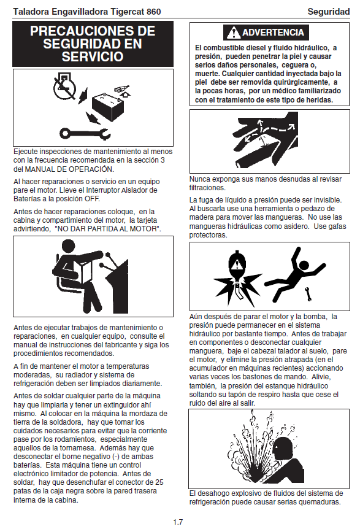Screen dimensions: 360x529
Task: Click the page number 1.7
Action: pyautogui.click(x=178, y=522)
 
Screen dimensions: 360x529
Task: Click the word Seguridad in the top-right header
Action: pyautogui.click(x=328, y=12)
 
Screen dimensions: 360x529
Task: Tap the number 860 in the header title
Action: pyautogui.click(x=153, y=12)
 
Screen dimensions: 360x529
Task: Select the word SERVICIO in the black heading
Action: pyautogui.click(x=93, y=56)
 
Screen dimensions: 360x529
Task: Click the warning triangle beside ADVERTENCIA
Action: pyautogui.click(x=233, y=33)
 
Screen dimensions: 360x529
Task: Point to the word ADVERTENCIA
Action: pyautogui.click(x=273, y=33)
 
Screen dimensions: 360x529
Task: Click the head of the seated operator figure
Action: pyautogui.click(x=69, y=248)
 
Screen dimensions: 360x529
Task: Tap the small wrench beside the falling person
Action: pyautogui.click(x=308, y=294)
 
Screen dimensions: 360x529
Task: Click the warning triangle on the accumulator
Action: pyautogui.click(x=237, y=263)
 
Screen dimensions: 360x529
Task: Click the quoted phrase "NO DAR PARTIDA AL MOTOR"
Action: pyautogui.click(x=107, y=229)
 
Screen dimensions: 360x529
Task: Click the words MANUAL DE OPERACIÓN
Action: pyautogui.click(x=69, y=169)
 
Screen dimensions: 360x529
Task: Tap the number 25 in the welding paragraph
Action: pyautogui.click(x=159, y=482)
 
